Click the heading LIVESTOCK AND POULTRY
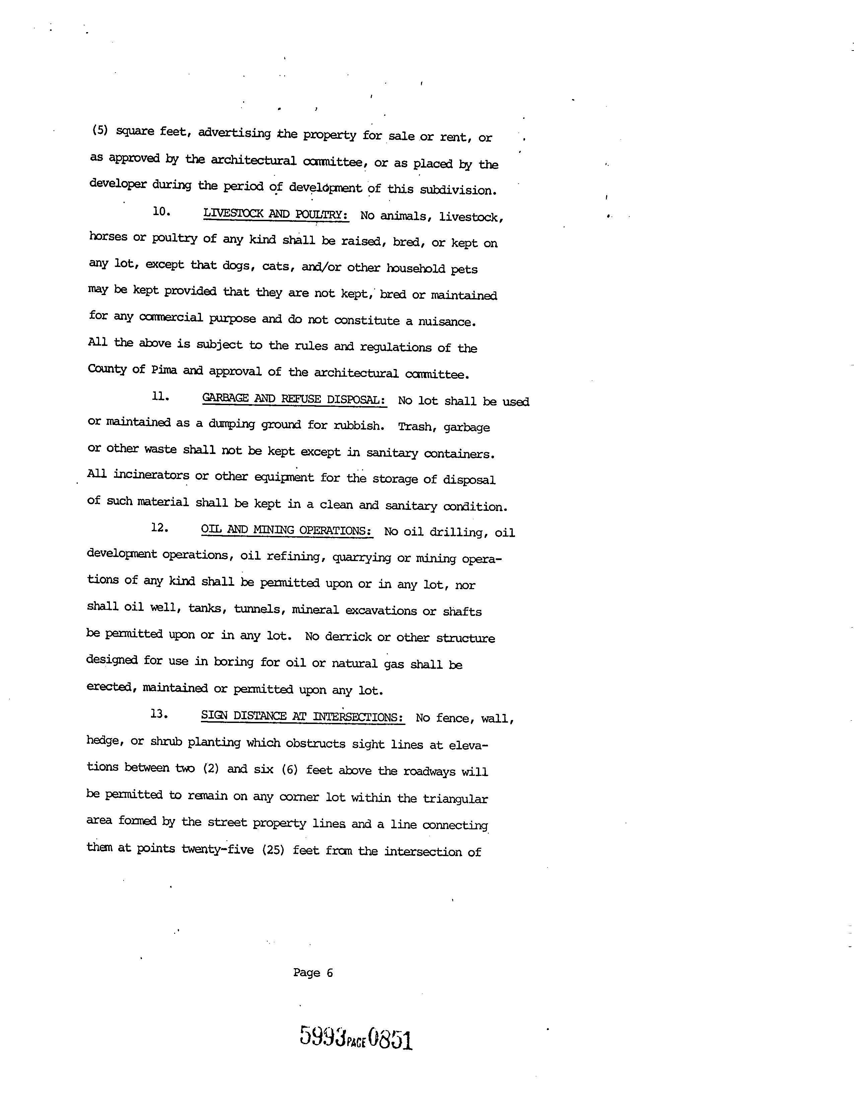(275, 214)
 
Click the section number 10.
(161, 212)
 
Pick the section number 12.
(159, 528)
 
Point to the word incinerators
(151, 475)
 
